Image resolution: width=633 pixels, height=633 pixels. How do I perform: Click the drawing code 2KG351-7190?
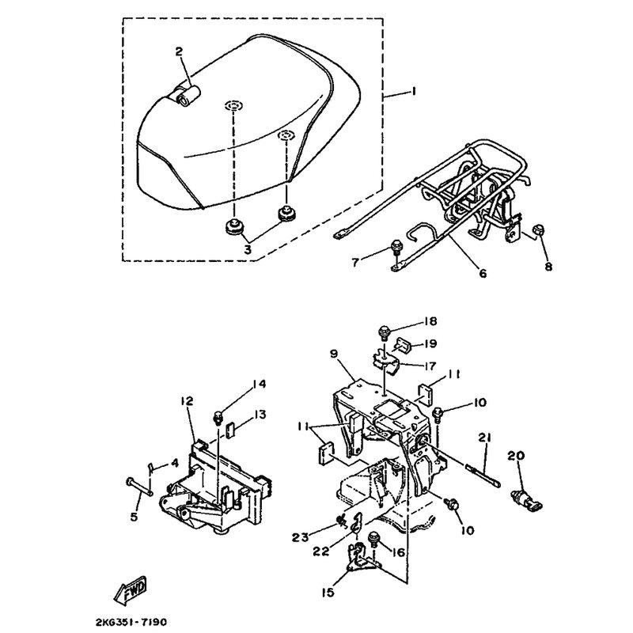(x=131, y=622)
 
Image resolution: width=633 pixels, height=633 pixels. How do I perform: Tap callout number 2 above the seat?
(x=179, y=51)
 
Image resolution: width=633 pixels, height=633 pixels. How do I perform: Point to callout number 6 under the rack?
(x=483, y=273)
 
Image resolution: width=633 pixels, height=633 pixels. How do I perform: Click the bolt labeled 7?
(x=395, y=247)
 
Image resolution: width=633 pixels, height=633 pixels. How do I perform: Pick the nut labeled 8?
(x=539, y=229)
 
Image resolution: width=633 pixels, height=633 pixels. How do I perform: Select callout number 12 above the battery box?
(x=187, y=401)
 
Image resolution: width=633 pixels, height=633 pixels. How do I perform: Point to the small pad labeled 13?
(x=231, y=430)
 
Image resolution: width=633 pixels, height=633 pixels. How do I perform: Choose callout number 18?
(x=430, y=321)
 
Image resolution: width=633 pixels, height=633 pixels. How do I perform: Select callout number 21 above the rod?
(x=484, y=438)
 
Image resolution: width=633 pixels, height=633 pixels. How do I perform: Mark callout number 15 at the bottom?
(x=328, y=593)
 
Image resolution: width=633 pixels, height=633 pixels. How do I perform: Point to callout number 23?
(x=301, y=537)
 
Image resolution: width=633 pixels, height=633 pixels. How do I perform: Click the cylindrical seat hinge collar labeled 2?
(x=188, y=96)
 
